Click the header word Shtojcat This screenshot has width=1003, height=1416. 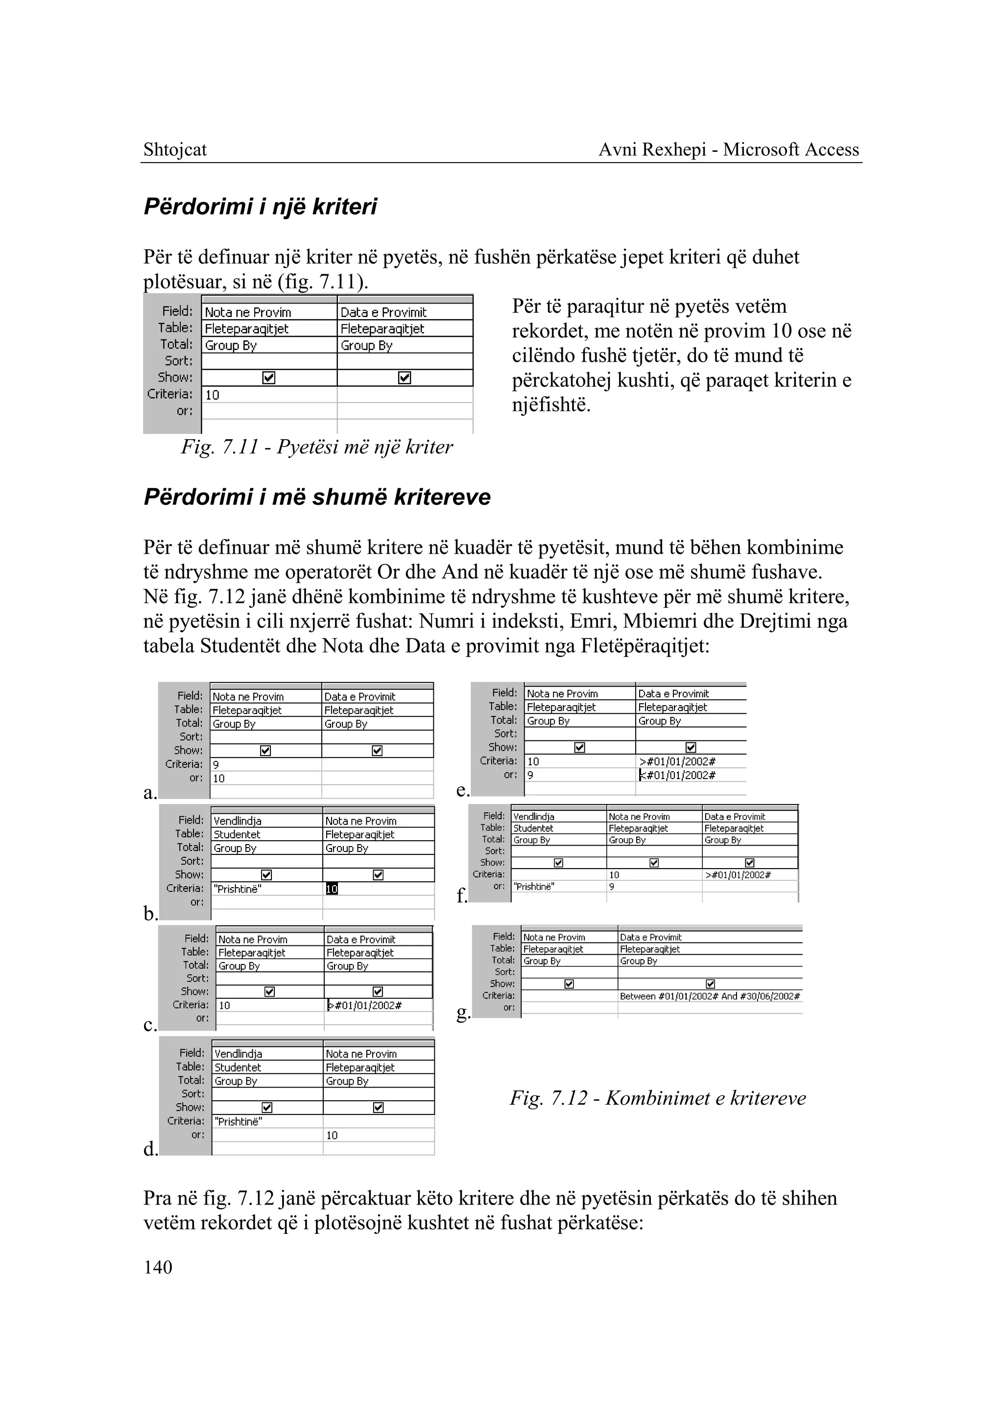(x=175, y=149)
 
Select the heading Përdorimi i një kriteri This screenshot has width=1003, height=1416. (x=260, y=206)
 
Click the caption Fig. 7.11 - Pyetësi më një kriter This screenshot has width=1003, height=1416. (x=316, y=447)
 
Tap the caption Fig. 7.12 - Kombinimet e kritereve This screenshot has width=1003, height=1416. (x=657, y=1098)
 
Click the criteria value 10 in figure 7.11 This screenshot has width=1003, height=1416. (x=213, y=395)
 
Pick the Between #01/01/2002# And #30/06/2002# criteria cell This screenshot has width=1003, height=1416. (x=710, y=996)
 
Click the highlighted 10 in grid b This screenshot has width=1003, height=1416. (x=332, y=889)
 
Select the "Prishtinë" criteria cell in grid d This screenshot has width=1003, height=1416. (x=239, y=1121)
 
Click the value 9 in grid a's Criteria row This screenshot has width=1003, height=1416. (x=216, y=764)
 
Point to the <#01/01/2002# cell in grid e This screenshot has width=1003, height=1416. (x=677, y=775)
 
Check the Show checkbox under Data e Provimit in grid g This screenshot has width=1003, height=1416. (x=710, y=984)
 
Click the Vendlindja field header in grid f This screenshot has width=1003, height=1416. (x=534, y=816)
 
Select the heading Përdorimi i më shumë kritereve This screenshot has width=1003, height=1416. (x=317, y=496)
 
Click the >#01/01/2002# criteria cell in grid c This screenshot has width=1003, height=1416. (x=364, y=1005)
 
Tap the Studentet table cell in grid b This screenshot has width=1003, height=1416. (x=237, y=834)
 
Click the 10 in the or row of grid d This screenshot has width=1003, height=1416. (x=332, y=1135)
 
